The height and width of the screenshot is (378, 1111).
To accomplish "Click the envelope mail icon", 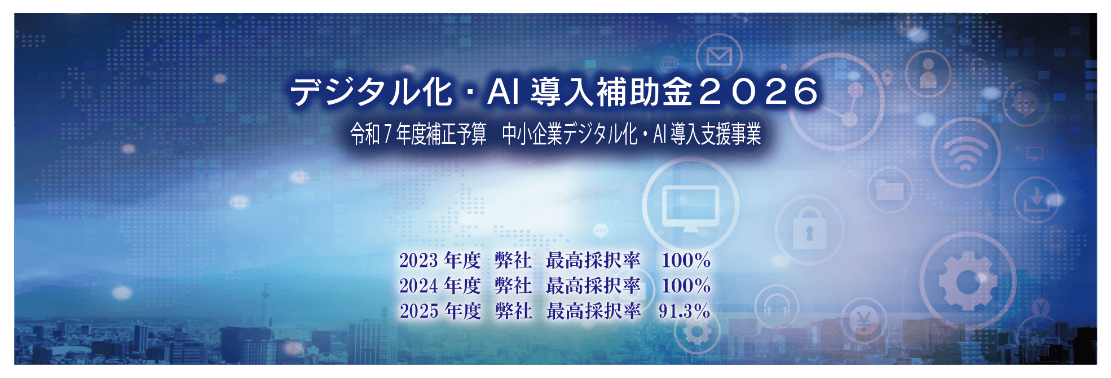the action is tap(719, 56).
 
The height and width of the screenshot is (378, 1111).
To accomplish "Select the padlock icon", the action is tap(809, 228).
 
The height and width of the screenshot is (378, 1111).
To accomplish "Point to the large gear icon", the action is tap(968, 281).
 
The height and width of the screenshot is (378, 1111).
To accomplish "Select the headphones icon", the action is tap(777, 305).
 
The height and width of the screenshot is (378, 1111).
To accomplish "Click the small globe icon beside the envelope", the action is tap(669, 64).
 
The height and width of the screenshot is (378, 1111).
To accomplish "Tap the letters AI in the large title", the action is tap(503, 91).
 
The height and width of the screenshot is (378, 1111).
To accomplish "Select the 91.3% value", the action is tap(684, 311).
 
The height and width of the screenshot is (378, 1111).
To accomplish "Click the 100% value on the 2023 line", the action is tap(686, 260).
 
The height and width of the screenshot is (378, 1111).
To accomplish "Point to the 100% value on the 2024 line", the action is tap(686, 285).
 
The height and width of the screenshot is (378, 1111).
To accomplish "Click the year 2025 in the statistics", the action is tap(419, 311).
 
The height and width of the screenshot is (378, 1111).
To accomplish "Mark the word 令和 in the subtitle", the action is tap(365, 134).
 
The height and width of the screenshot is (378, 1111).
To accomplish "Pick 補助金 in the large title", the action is tap(644, 91).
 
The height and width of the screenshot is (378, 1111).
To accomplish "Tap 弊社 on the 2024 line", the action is tap(513, 285).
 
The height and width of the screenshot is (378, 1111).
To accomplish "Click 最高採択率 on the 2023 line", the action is tap(593, 260).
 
